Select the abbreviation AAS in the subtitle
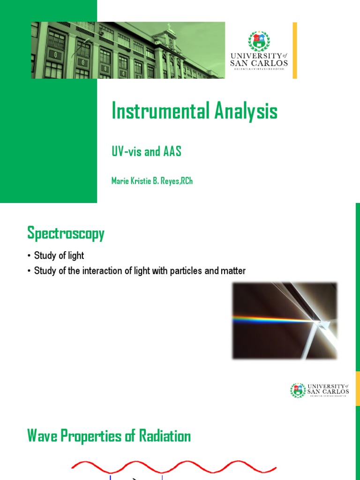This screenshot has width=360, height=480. click(171, 152)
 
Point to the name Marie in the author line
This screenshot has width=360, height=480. click(119, 181)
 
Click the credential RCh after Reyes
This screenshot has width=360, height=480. click(186, 181)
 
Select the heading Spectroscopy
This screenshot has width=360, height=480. click(66, 233)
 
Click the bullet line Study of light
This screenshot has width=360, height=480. click(59, 256)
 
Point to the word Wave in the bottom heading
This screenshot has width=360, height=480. click(41, 436)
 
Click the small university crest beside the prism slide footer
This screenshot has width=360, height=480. click(298, 390)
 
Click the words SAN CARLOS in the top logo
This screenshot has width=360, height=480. click(259, 63)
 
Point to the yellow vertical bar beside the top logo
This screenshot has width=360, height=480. click(295, 50)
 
